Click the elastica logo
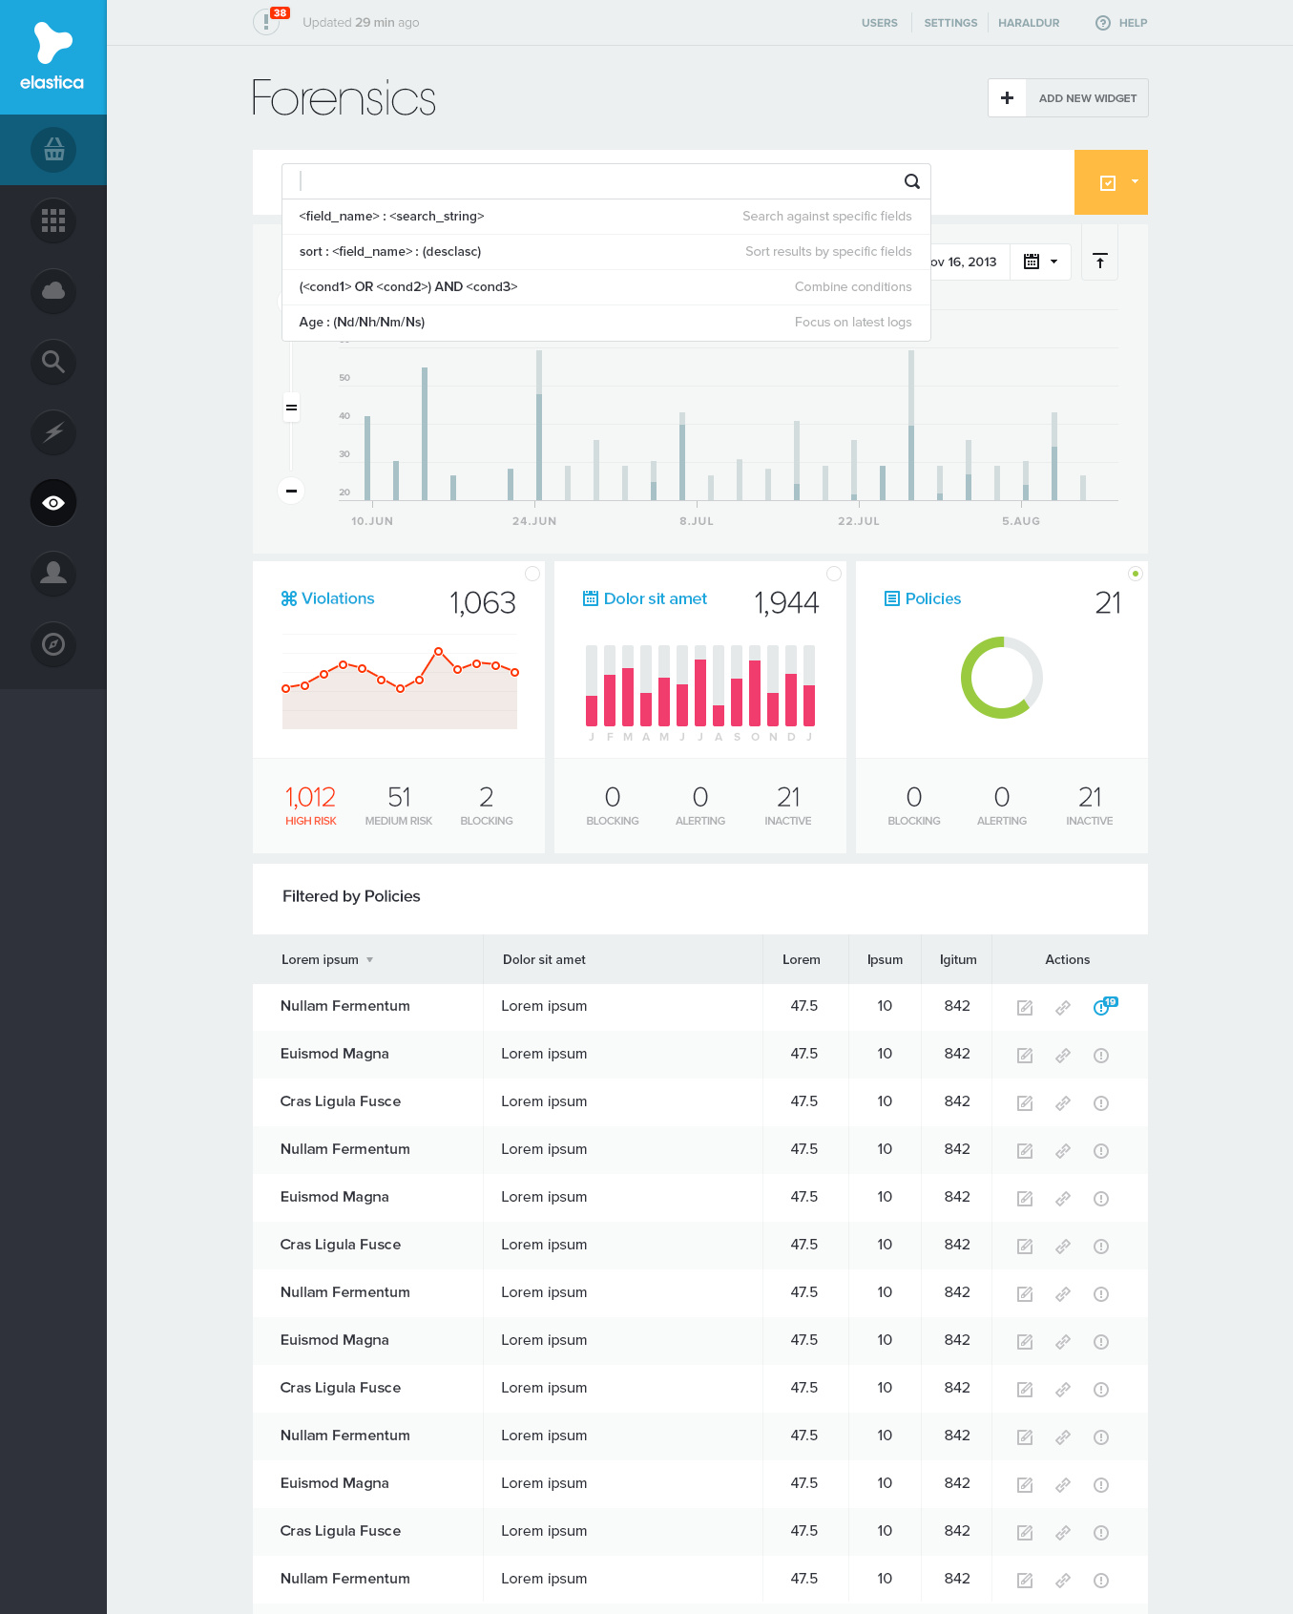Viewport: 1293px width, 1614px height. tap(52, 57)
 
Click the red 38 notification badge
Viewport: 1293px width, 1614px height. tap(280, 13)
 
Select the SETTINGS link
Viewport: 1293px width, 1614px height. tap(950, 23)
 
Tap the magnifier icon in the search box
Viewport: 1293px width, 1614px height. tap(911, 181)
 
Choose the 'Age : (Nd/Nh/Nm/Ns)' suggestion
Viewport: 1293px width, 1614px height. tap(362, 323)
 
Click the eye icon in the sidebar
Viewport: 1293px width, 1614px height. tap(53, 503)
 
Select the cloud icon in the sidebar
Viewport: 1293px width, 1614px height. tap(53, 291)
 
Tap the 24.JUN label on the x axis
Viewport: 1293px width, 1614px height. tap(533, 521)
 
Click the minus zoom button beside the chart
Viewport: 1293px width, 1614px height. tap(291, 491)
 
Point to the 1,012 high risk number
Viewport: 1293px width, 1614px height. tap(310, 797)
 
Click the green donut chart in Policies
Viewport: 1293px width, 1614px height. tap(1001, 678)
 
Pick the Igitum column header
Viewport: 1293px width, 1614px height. tap(957, 960)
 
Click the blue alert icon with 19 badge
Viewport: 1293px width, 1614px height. tap(1102, 1007)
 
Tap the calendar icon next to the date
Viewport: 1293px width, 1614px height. tap(1032, 262)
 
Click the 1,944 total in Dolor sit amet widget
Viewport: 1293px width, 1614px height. tap(785, 603)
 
